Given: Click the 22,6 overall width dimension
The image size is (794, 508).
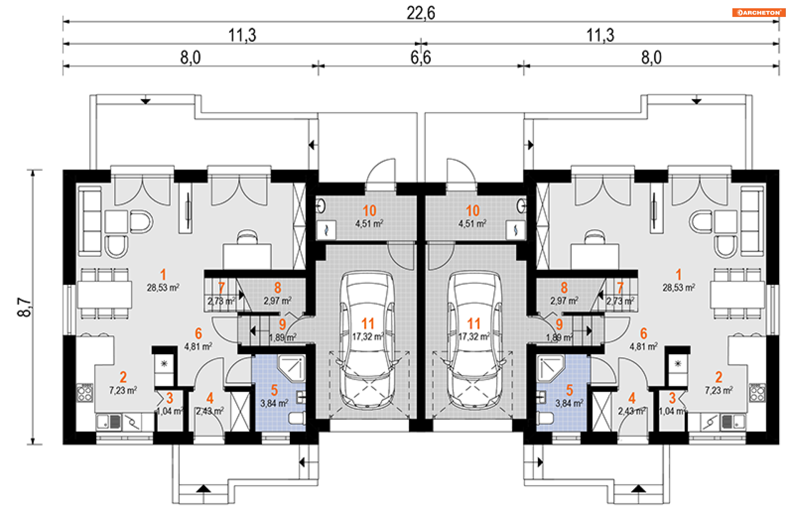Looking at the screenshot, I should (421, 13).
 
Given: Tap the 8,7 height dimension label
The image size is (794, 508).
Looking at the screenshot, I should (24, 307).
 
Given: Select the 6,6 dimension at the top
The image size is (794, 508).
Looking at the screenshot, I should (421, 57).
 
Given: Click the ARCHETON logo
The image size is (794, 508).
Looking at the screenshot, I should (758, 12).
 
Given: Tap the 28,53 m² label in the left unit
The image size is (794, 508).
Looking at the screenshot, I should (163, 287).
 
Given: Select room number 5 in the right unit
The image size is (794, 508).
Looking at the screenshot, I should (569, 390).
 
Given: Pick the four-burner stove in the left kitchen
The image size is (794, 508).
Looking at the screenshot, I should (85, 393).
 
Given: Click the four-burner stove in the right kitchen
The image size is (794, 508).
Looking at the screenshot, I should (758, 393).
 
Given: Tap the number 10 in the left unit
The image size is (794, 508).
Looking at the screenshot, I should (369, 211).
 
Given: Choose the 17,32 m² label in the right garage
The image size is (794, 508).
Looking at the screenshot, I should (474, 336).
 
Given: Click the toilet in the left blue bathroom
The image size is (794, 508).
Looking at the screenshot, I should (297, 418).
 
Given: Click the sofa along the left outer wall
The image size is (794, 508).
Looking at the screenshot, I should (90, 221).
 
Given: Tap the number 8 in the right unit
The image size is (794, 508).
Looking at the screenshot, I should (564, 288).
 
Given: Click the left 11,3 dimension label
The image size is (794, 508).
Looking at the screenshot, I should (242, 36).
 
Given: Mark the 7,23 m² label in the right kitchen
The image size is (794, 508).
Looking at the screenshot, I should (719, 390).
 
